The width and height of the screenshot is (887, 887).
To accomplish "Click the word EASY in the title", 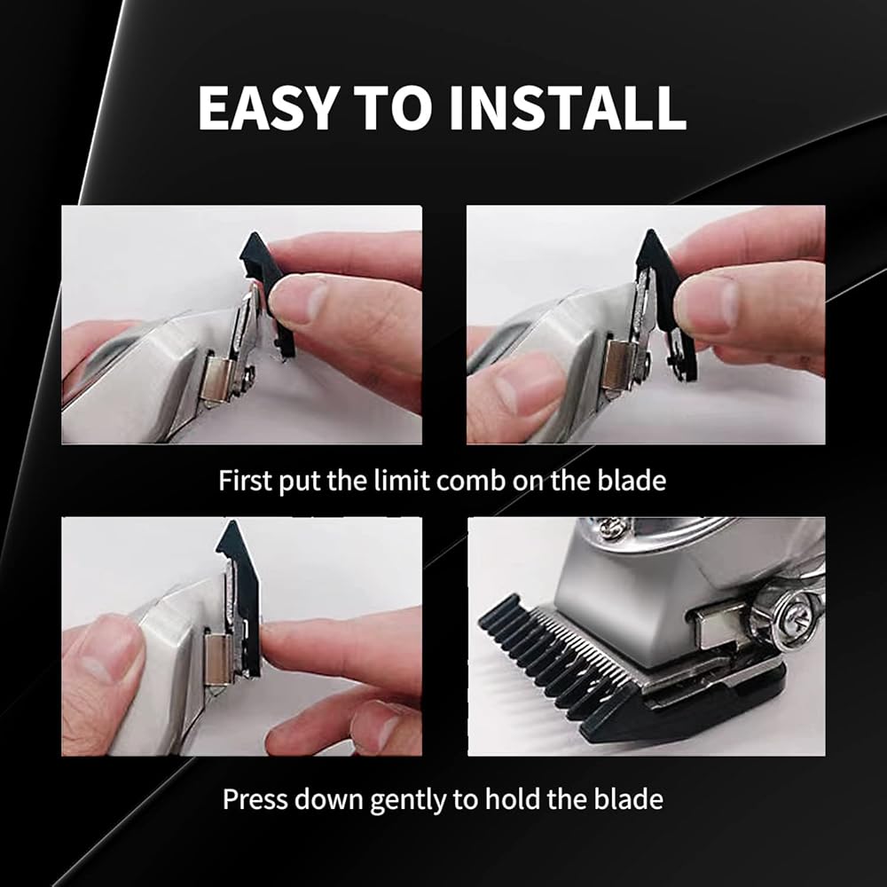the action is click(266, 108).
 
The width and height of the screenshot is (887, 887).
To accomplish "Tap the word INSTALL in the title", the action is click(568, 108).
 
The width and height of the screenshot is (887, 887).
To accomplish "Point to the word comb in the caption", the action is click(471, 480).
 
